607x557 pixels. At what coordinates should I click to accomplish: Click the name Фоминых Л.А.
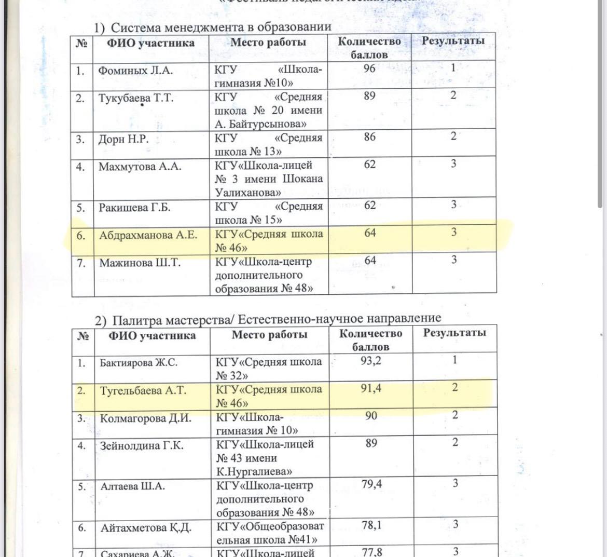(135, 71)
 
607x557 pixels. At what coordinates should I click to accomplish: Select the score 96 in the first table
(369, 68)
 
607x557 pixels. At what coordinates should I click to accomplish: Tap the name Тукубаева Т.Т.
(136, 98)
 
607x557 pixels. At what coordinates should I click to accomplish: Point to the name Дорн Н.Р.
(123, 139)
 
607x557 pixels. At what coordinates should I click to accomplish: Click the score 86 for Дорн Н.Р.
(369, 137)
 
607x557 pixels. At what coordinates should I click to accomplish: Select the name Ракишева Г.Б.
(134, 208)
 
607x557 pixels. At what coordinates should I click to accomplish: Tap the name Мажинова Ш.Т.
(140, 263)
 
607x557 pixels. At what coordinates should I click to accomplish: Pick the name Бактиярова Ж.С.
(139, 362)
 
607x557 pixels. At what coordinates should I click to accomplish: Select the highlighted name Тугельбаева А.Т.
(143, 390)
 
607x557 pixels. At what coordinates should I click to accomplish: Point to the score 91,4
(371, 388)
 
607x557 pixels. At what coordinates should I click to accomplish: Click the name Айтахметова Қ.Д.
(146, 528)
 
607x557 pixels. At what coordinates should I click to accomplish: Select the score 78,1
(371, 525)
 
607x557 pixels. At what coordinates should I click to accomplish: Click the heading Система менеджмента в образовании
(221, 27)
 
